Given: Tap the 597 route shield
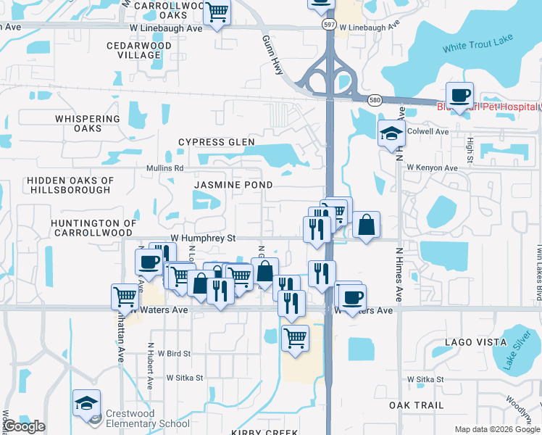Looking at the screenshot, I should click(x=328, y=25).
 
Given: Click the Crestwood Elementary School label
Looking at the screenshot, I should click(x=147, y=418).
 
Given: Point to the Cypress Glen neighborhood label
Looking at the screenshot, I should click(x=216, y=142).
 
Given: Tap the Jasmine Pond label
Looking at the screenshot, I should click(x=233, y=185).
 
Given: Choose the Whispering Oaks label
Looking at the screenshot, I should click(x=87, y=123).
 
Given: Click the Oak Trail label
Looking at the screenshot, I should click(x=415, y=405).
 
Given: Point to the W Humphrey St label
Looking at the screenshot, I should click(x=204, y=238).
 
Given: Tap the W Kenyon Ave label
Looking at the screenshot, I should click(x=433, y=167).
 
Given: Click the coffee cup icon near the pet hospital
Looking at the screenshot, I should click(x=459, y=95).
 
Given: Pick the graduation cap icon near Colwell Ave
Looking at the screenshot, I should click(x=391, y=133).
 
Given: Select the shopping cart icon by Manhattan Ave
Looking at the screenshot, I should click(x=125, y=297).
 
